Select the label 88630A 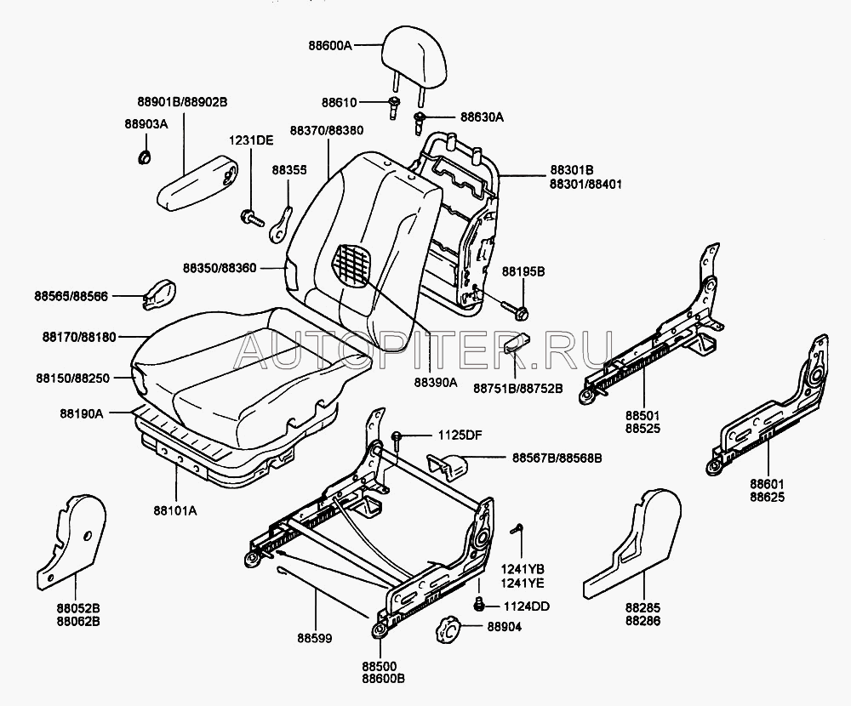point(483,117)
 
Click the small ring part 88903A point(145,156)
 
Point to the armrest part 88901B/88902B point(202,180)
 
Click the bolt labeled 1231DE point(250,218)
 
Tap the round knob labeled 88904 point(448,630)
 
